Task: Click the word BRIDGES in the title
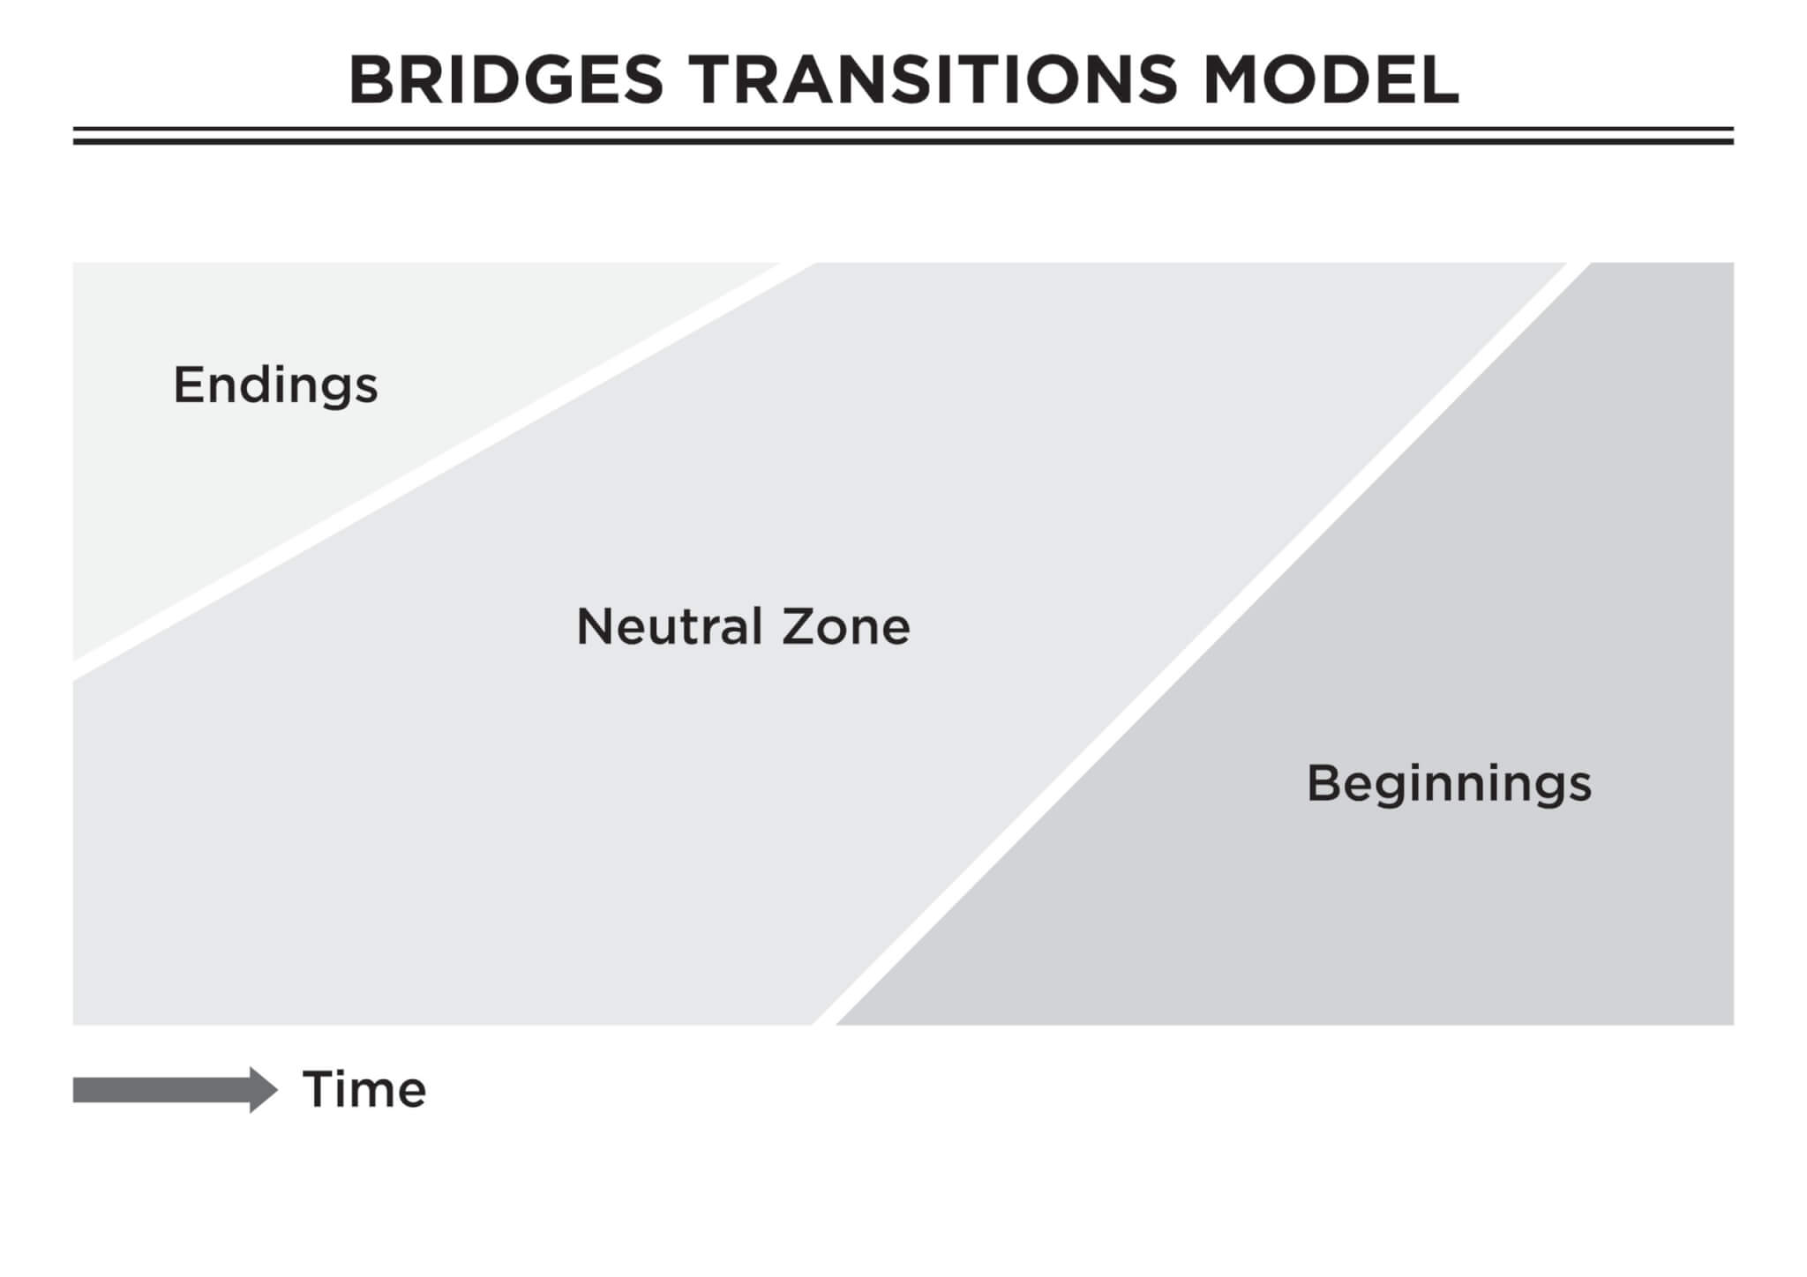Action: point(506,79)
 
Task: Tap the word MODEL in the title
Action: point(1332,79)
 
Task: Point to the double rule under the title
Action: point(903,136)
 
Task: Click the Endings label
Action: point(275,386)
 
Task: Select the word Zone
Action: point(846,627)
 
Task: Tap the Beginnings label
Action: point(1449,784)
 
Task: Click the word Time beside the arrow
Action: point(364,1089)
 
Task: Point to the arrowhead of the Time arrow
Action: point(263,1089)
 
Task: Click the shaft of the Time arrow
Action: point(162,1089)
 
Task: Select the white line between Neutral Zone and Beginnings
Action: point(1200,644)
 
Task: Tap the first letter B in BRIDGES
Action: point(371,79)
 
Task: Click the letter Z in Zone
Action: point(799,626)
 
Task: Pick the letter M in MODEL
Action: point(1233,79)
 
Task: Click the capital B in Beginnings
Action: point(1324,782)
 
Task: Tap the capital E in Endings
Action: point(189,385)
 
